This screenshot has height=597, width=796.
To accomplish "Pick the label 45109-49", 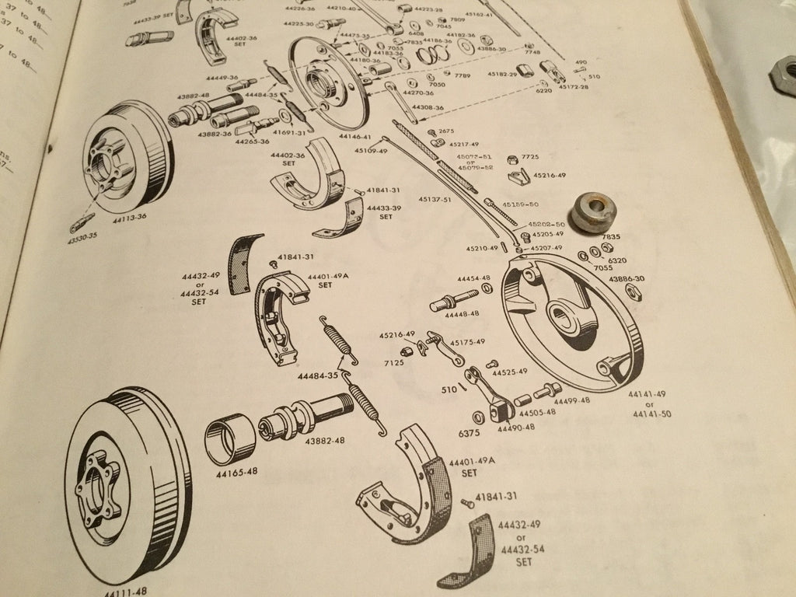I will coord(371,151).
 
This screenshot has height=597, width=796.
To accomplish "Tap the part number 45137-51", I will coord(435,200).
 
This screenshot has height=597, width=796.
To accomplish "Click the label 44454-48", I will coord(473,278).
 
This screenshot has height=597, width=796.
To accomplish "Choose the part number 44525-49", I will coord(510,372).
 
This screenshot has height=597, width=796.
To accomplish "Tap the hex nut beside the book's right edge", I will coord(781,78).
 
